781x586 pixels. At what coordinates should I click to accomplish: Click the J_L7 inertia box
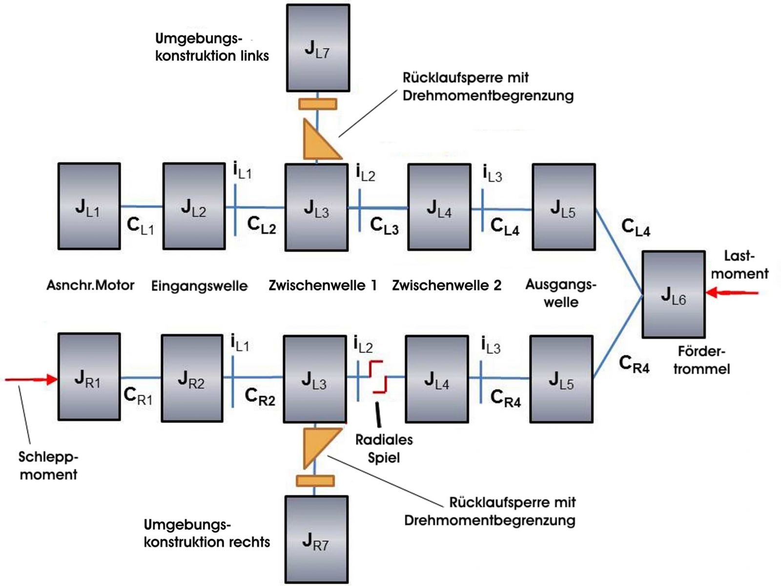318,48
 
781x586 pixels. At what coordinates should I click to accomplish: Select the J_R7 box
316,539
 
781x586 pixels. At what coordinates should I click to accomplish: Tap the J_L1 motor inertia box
89,207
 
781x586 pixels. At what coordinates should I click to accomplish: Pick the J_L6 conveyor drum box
674,294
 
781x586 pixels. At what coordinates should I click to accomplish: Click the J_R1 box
89,377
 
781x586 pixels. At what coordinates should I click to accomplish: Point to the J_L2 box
194,207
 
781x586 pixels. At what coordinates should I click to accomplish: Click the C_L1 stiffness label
140,226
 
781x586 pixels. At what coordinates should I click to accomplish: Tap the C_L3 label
384,226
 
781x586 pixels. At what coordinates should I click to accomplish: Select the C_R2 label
260,397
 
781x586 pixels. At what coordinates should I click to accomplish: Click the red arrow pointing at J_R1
32,379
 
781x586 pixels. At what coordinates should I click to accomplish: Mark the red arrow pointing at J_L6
732,293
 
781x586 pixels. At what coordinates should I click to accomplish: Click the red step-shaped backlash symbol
378,377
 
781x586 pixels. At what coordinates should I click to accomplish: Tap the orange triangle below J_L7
319,142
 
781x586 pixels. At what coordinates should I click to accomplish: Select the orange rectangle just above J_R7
315,481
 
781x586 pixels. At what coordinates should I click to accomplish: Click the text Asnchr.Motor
90,285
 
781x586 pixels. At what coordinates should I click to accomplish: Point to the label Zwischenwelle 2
447,285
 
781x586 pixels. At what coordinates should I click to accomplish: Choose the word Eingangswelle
199,286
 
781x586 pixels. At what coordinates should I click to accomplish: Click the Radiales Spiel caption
384,448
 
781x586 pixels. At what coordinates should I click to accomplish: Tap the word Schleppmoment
48,465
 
